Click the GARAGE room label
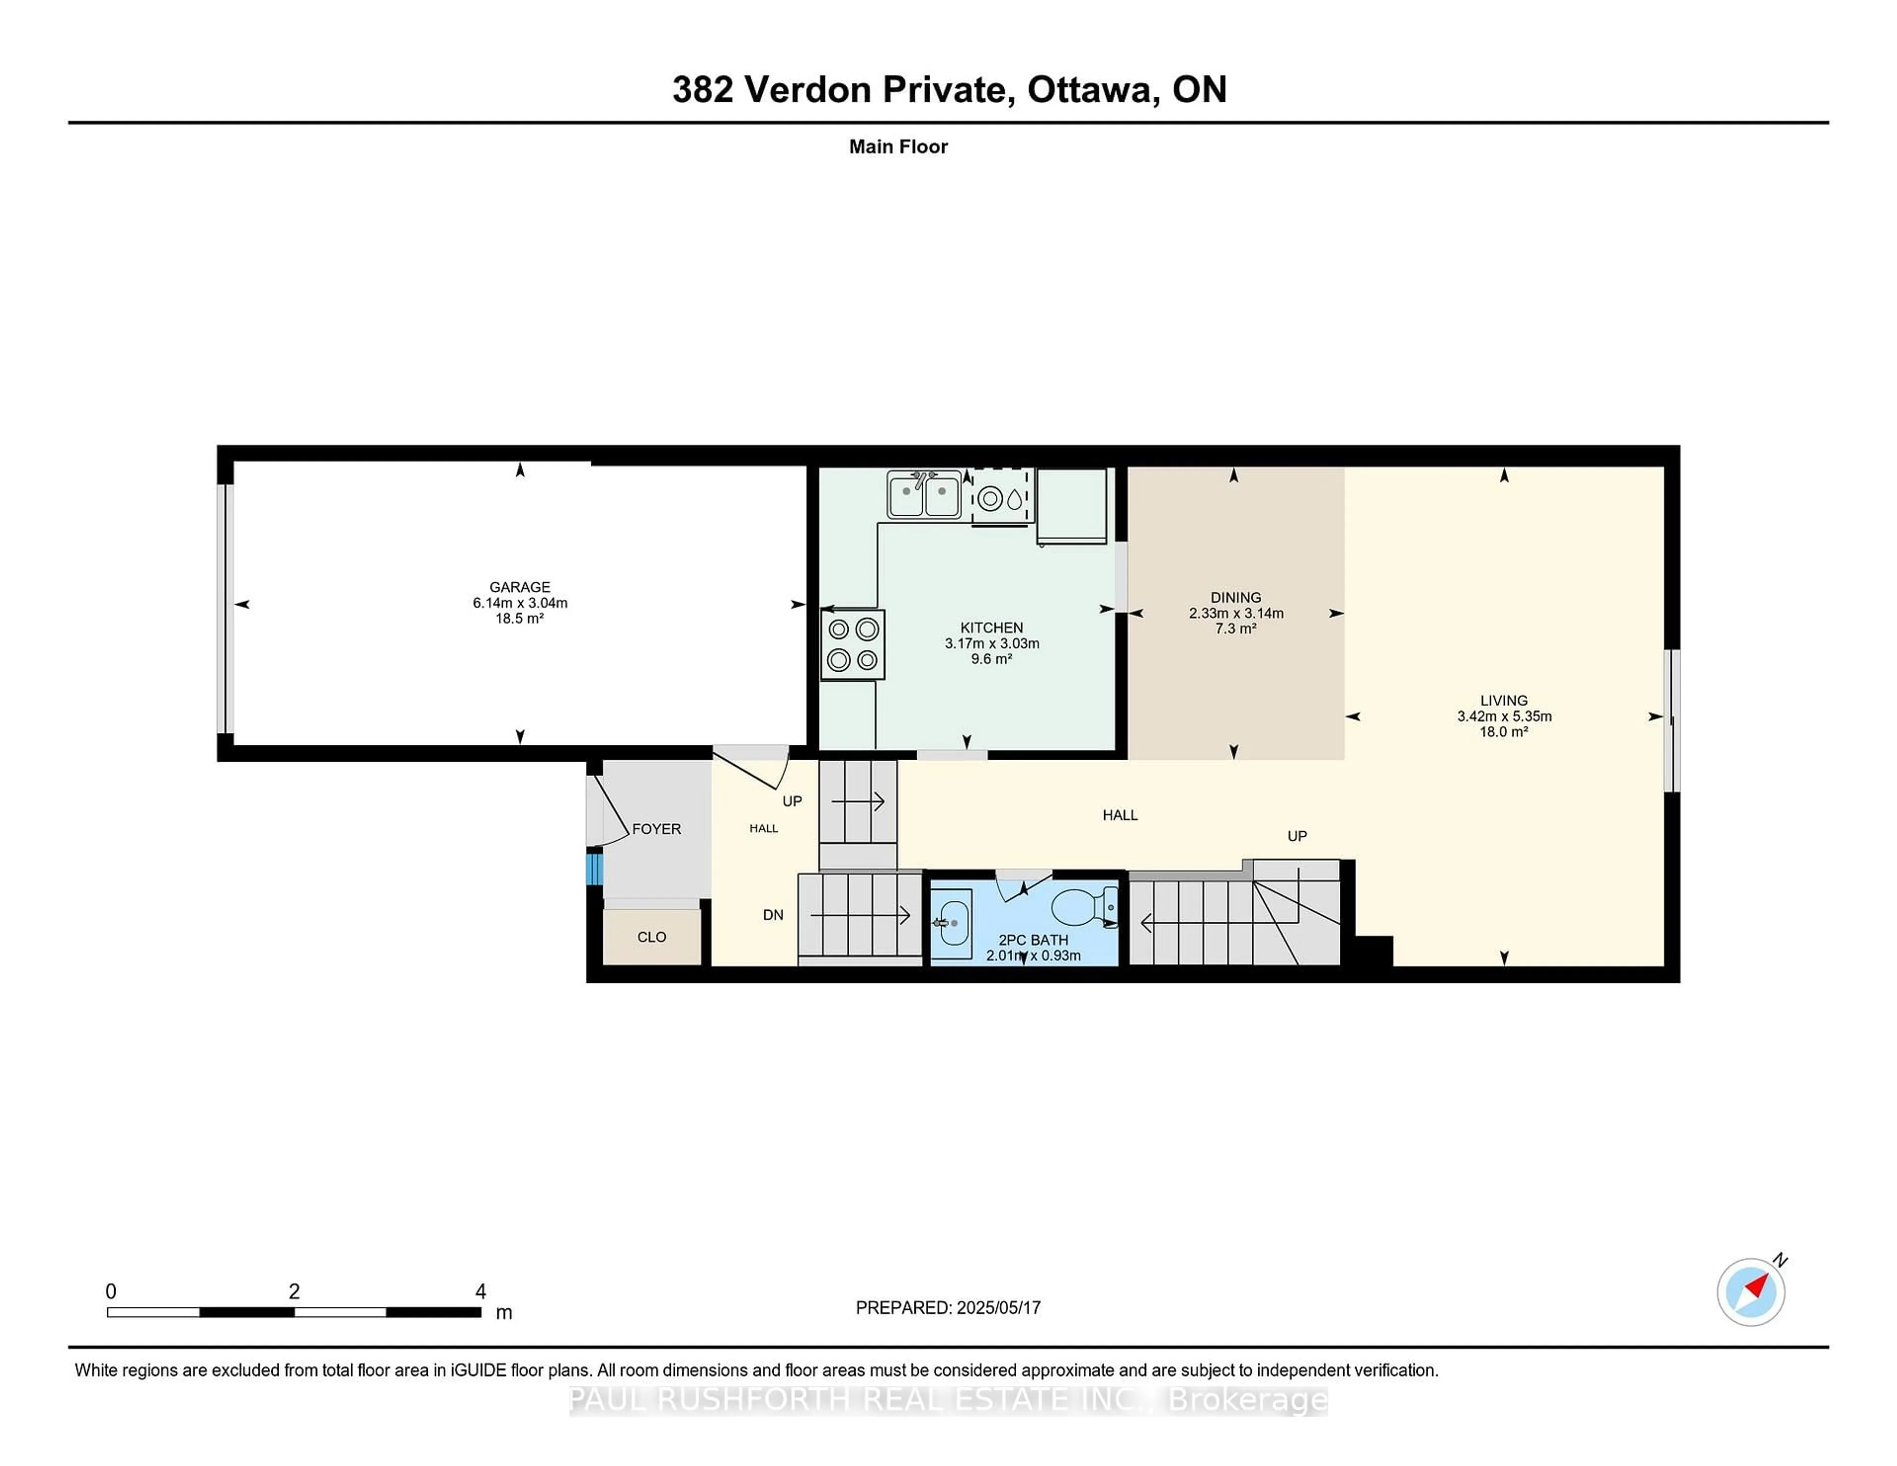coord(519,587)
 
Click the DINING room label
coord(1235,598)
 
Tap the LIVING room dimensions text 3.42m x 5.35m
coord(1504,717)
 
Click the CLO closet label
coord(652,937)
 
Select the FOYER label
coord(656,829)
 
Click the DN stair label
coord(772,914)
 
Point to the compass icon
coord(1750,1292)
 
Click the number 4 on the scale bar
coord(480,1292)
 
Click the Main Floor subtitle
coord(898,147)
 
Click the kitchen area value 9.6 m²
coord(991,659)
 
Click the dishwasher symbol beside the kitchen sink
coord(1001,498)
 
